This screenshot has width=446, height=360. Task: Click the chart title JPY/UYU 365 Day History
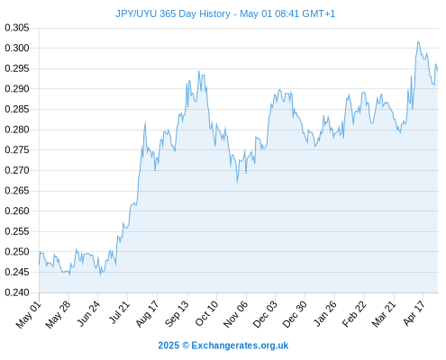tap(173, 13)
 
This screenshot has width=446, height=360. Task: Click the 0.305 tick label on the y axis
tap(17, 28)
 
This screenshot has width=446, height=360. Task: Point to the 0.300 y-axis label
tap(17, 48)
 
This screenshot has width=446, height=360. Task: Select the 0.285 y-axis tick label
tap(17, 109)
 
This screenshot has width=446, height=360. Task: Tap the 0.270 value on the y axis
tap(17, 170)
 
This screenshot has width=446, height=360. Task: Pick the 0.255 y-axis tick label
tap(17, 231)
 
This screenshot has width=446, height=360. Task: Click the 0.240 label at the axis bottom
tap(17, 292)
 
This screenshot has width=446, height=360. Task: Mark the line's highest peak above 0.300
tap(418, 41)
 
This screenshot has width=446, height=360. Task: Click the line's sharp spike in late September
tap(199, 71)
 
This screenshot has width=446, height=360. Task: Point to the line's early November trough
tap(237, 182)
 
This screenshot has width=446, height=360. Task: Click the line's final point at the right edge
tap(438, 70)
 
